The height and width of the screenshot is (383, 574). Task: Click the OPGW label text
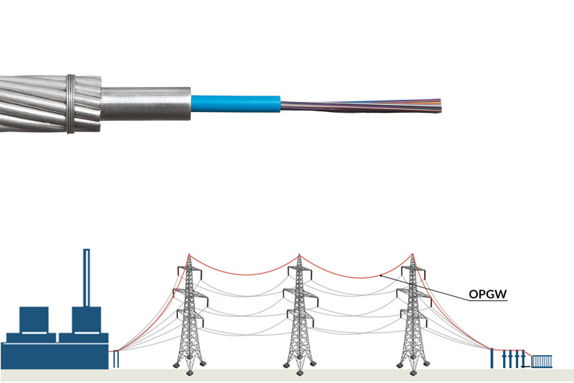(488, 294)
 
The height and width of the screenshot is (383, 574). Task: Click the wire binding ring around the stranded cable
(70, 103)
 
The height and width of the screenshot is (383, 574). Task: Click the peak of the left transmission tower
(189, 255)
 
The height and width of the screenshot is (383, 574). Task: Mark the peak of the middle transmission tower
(300, 255)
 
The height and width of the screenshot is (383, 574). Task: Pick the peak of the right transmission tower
(412, 255)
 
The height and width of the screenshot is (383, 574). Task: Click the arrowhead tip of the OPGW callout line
(380, 275)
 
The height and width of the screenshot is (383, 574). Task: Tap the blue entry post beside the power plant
(115, 359)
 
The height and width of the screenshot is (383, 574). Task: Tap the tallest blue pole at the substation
(492, 357)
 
